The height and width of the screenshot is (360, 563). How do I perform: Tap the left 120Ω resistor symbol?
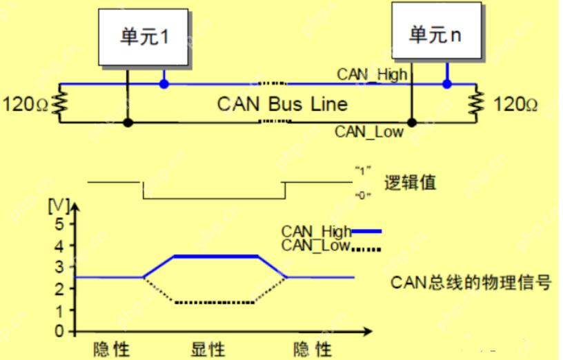(61, 103)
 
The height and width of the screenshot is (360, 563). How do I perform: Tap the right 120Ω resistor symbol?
(475, 103)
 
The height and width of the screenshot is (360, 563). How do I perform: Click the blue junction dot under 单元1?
(164, 84)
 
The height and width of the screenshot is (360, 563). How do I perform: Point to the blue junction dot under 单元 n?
(447, 84)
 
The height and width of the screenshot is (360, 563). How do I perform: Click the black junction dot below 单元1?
(128, 123)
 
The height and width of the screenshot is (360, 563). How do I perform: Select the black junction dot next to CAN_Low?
(411, 123)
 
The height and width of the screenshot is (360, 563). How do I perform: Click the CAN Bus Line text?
(282, 104)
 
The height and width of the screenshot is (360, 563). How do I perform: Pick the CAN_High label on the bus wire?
(372, 74)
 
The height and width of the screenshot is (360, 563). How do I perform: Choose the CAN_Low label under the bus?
(369, 132)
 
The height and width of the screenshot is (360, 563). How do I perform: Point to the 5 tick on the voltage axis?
(59, 223)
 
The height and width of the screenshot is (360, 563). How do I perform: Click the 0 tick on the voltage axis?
(59, 331)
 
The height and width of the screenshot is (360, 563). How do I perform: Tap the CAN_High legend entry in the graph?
(330, 232)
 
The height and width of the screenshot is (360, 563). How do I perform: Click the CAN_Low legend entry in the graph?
(330, 246)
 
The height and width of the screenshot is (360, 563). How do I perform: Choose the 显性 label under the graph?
(208, 349)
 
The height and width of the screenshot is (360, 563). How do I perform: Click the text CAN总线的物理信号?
(471, 282)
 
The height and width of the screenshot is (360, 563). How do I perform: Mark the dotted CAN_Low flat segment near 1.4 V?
(215, 302)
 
